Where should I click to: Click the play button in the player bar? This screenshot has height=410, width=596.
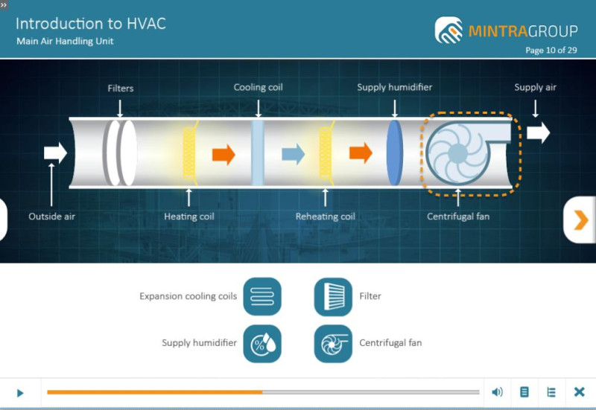point(21,393)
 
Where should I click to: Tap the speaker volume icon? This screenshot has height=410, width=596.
point(497,392)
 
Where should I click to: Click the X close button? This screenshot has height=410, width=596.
point(580,392)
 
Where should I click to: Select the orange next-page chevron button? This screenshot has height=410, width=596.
point(580,220)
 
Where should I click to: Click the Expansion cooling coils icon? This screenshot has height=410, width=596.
point(262,296)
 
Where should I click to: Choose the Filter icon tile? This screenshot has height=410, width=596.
point(333,296)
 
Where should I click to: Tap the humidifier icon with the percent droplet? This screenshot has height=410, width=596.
point(262,344)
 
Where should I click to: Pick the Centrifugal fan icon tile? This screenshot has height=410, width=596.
point(333,344)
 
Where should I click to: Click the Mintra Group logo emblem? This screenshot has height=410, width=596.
point(449,30)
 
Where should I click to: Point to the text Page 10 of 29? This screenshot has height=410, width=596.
point(551,50)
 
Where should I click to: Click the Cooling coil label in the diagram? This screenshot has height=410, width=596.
point(258,87)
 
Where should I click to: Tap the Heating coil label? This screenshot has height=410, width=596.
point(189,217)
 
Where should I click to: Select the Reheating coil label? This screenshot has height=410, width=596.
point(326,217)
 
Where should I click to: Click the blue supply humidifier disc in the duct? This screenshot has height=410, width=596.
point(395,153)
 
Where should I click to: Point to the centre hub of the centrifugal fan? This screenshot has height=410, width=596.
point(457,153)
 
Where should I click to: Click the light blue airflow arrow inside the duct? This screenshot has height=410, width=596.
point(293,154)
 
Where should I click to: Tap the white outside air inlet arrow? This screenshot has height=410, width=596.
point(55,153)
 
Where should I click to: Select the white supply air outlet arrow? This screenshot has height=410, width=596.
point(538,132)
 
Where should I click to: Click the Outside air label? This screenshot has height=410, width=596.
point(51,217)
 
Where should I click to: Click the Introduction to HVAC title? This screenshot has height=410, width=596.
point(91,24)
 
